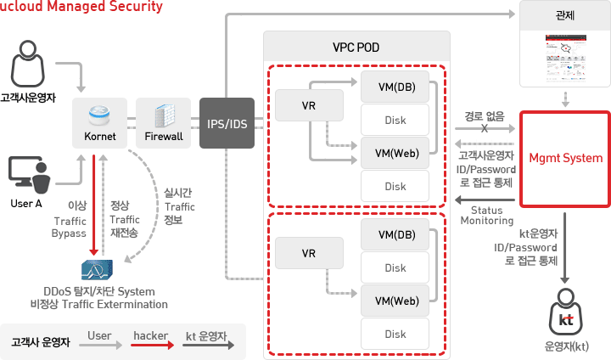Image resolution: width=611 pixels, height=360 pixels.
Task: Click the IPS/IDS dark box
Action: [x=227, y=125]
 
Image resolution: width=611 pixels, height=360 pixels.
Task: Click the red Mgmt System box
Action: [x=565, y=159]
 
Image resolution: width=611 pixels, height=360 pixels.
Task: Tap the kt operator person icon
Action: [x=565, y=316]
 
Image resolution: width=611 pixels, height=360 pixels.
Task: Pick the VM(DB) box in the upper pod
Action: [x=395, y=86]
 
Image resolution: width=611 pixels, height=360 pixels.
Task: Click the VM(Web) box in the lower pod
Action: [x=395, y=300]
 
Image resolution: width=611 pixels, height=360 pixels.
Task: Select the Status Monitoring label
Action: [x=486, y=215]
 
